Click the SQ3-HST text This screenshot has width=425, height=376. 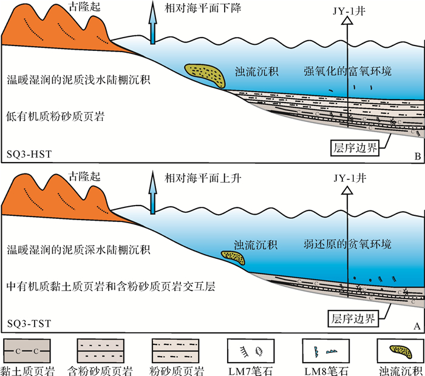tap(29, 155)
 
